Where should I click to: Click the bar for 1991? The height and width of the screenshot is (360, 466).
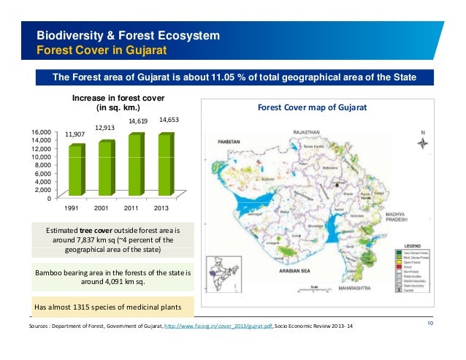[76, 170]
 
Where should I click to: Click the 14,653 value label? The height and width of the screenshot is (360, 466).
[169, 119]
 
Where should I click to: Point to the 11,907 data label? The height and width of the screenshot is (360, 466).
[75, 134]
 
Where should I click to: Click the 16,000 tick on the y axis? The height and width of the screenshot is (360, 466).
[41, 132]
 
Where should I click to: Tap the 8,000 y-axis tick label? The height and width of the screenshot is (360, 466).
[43, 165]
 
